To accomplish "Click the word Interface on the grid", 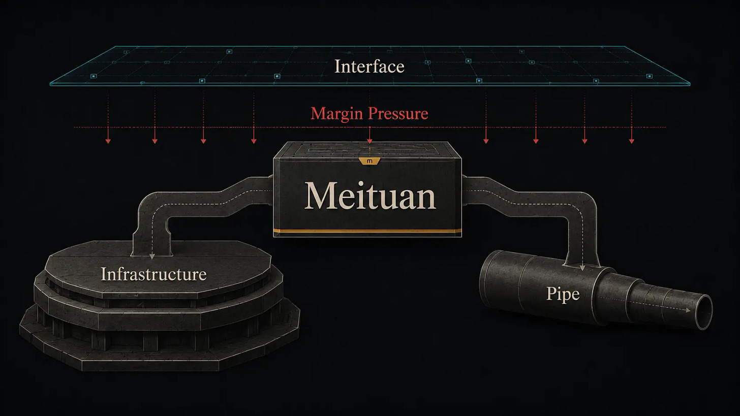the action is click(x=369, y=67).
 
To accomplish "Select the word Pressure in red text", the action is click(x=398, y=114).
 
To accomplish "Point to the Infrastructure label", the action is click(x=153, y=274).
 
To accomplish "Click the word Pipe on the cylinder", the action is click(x=563, y=294).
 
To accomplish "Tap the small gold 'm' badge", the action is click(x=369, y=161).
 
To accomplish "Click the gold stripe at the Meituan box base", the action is click(x=367, y=231).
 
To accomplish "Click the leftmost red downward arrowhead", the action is click(x=108, y=141).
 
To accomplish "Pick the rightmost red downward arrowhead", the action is click(x=631, y=141).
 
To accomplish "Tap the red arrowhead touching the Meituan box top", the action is click(x=369, y=141).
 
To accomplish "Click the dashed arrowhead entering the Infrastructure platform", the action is click(x=152, y=256).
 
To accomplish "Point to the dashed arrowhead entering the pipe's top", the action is click(x=582, y=268).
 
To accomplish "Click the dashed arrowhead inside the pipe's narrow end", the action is click(x=688, y=310).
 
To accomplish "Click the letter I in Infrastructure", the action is click(x=103, y=274).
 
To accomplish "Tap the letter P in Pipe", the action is click(x=551, y=293).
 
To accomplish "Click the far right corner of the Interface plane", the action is click(x=690, y=84).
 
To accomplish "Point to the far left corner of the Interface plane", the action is click(x=50, y=84).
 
